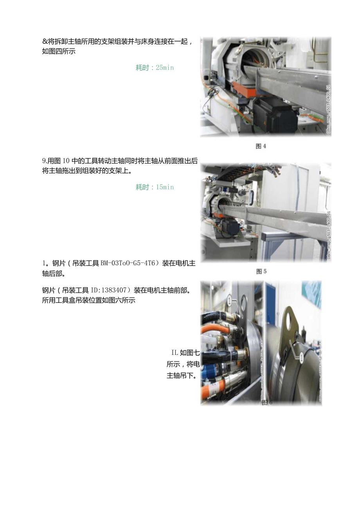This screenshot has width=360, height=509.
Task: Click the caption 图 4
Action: point(261,146)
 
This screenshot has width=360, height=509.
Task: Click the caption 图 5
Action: point(261,272)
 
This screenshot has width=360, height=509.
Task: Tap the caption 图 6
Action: point(266,403)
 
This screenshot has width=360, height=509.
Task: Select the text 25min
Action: point(164,68)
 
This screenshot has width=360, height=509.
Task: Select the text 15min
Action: point(164,187)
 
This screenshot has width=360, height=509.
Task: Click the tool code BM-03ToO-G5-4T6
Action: point(129,263)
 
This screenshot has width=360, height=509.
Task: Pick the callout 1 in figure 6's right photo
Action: point(301,357)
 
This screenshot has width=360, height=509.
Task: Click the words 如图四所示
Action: point(59,51)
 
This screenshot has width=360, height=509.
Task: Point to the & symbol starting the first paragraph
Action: point(45,42)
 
